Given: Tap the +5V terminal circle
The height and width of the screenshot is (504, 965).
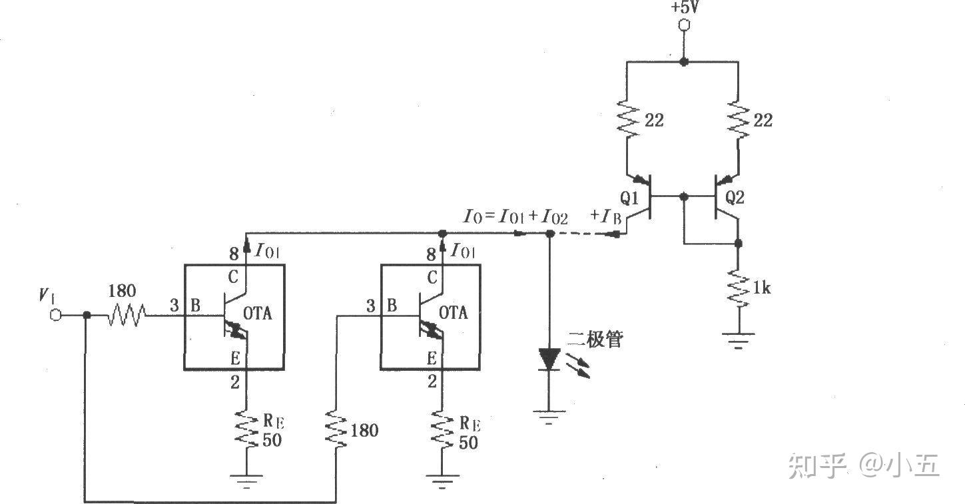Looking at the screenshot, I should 683,25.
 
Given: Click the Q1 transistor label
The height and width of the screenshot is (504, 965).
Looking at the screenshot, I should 629,198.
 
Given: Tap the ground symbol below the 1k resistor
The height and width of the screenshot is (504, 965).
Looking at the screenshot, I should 738,340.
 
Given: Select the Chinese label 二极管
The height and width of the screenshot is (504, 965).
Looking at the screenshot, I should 595,340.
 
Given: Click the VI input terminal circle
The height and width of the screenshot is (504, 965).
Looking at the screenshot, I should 56,315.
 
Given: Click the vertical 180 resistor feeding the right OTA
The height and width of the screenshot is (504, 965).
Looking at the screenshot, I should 336,429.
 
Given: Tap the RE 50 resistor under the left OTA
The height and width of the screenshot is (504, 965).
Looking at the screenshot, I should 246,429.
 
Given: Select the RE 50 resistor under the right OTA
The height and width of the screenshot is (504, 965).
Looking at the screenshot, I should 440,429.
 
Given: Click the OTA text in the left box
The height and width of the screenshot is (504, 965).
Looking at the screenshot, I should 258,313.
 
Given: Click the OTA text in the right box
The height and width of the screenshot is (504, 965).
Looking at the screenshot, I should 454,312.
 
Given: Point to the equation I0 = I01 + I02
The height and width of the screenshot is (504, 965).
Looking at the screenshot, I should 516,217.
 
